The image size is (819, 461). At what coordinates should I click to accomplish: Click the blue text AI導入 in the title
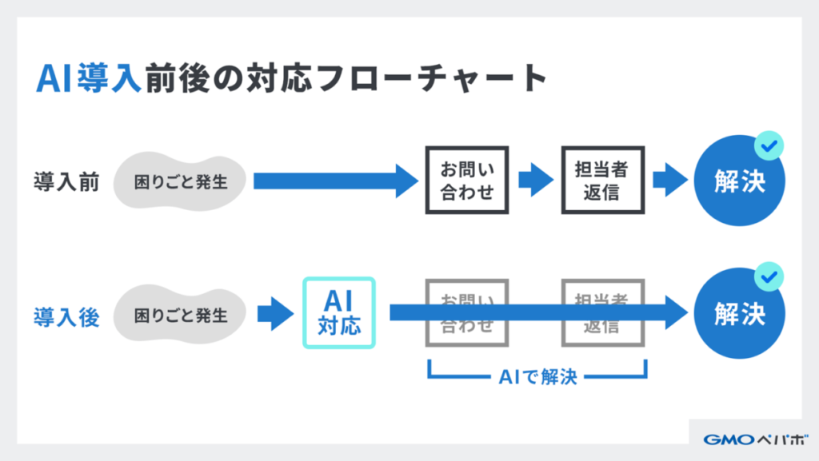pyautogui.click(x=89, y=79)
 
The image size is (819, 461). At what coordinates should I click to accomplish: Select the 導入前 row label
pyautogui.click(x=66, y=181)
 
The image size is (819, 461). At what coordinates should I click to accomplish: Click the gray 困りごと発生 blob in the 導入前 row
pyautogui.click(x=180, y=181)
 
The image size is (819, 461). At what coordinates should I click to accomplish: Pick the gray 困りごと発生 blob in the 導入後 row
pyautogui.click(x=180, y=315)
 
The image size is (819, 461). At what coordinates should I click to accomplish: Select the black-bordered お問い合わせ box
pyautogui.click(x=467, y=181)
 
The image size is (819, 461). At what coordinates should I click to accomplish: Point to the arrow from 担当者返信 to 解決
pyautogui.click(x=669, y=181)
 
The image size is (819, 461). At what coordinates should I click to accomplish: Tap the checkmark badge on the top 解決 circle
pyautogui.click(x=769, y=146)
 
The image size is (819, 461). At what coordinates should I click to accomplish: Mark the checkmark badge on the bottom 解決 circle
pyautogui.click(x=769, y=278)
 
